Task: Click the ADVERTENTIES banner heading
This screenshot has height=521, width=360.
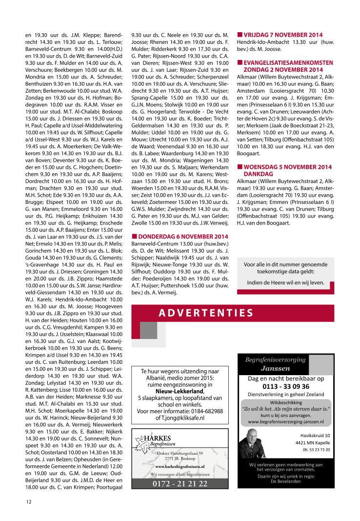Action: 206,313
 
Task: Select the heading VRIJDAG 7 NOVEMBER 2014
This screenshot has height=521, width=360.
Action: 282,35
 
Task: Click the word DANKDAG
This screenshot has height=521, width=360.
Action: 257,174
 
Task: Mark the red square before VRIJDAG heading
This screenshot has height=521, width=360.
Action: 240,35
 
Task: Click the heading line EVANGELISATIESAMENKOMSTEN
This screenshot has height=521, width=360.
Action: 288,63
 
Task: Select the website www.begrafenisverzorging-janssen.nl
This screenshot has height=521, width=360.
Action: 285,421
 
